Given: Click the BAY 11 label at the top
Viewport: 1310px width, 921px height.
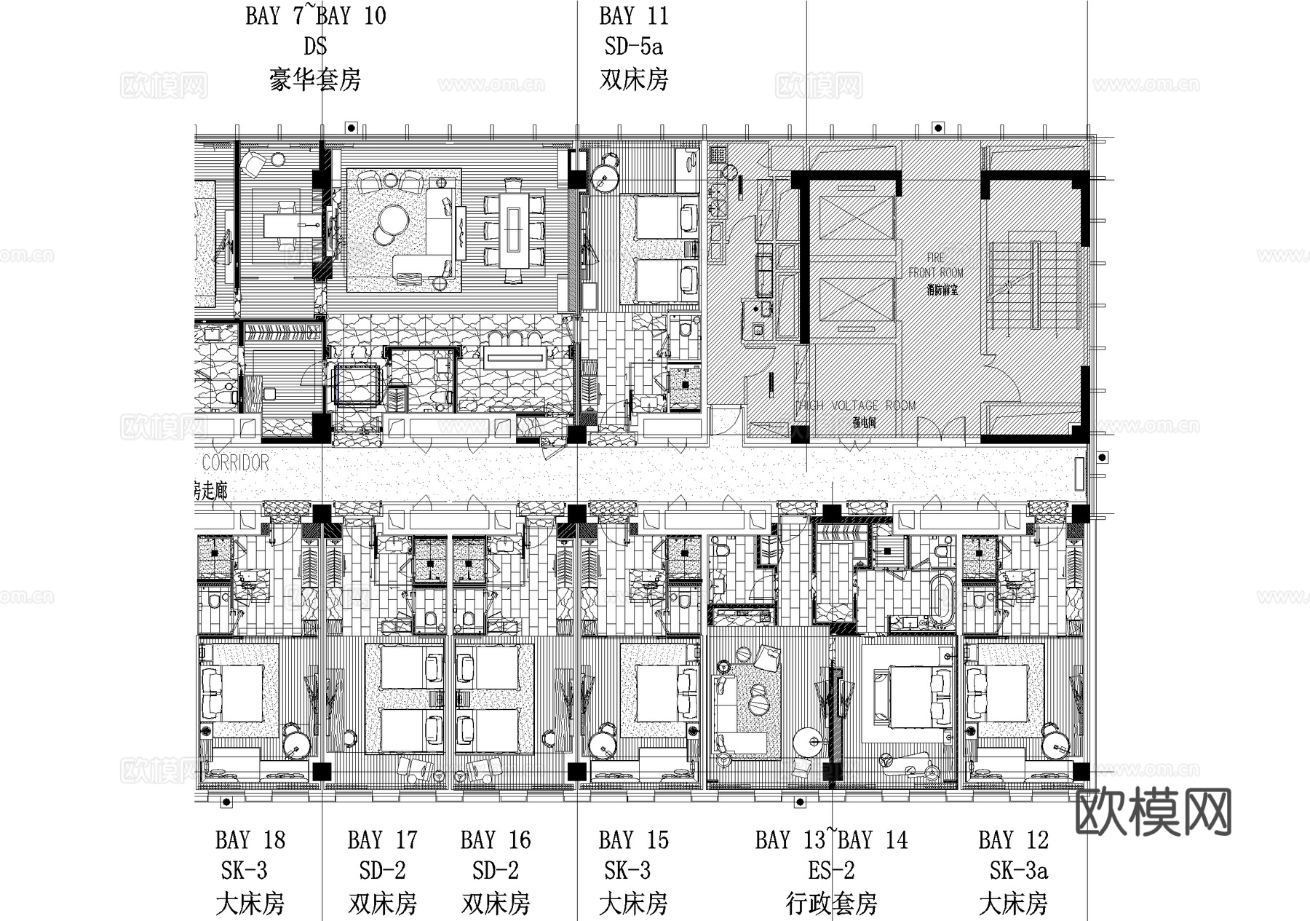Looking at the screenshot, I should click(633, 16).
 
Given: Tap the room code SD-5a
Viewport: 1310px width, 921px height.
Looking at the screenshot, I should click(633, 47).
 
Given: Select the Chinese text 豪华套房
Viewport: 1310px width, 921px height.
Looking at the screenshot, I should click(314, 79).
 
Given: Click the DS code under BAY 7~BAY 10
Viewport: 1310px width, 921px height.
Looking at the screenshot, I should click(314, 47).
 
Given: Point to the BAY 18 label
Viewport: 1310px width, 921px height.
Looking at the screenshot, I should click(250, 840).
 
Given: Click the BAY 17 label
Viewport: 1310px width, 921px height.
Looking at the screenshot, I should click(382, 840).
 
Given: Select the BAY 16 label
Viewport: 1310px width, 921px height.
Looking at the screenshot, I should click(496, 840).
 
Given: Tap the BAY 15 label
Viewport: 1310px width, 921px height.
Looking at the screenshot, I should click(633, 840).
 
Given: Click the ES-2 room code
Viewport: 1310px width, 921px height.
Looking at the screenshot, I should click(831, 871).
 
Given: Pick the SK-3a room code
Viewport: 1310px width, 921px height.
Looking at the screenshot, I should click(1018, 871).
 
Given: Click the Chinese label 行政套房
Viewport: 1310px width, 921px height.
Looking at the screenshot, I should click(831, 904).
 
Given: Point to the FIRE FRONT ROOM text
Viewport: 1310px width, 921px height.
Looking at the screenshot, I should click(936, 266).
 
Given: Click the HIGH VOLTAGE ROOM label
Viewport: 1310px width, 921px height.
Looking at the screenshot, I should click(855, 406).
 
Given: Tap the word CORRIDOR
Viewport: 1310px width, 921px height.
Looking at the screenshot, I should click(235, 463).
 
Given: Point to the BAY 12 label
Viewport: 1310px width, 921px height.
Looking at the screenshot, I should click(1013, 840).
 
